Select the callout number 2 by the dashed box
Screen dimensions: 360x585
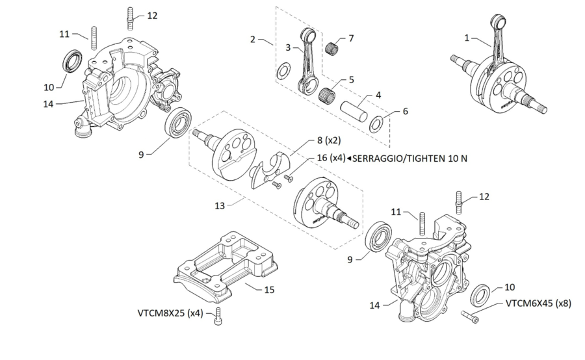tap(253, 40)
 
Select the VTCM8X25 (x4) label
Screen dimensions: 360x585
tap(170, 314)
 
